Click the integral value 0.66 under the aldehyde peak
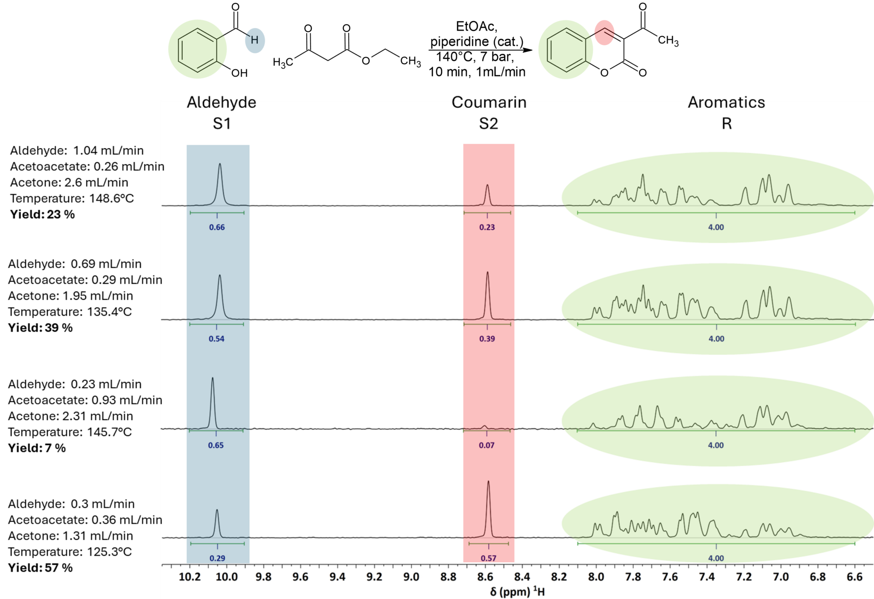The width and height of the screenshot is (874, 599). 217,227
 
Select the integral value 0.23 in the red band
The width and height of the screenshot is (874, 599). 487,227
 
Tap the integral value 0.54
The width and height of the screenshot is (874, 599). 216,339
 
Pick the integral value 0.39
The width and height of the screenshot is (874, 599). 487,339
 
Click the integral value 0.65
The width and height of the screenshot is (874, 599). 216,445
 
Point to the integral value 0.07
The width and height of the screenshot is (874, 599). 487,445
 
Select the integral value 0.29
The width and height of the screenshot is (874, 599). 217,558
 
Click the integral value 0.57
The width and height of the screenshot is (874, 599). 489,558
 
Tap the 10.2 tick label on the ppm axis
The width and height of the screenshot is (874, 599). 189,577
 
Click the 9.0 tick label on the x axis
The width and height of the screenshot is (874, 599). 411,577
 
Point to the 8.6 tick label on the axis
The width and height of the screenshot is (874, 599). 485,577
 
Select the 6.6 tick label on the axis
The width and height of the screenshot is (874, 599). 854,577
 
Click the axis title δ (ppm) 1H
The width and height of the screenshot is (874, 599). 517,591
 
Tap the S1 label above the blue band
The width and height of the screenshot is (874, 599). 222,124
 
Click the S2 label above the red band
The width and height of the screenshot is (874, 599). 489,124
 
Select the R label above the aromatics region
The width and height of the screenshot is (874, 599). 727,124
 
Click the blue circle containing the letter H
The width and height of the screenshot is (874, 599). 255,41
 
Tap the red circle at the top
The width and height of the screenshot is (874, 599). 604,32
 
